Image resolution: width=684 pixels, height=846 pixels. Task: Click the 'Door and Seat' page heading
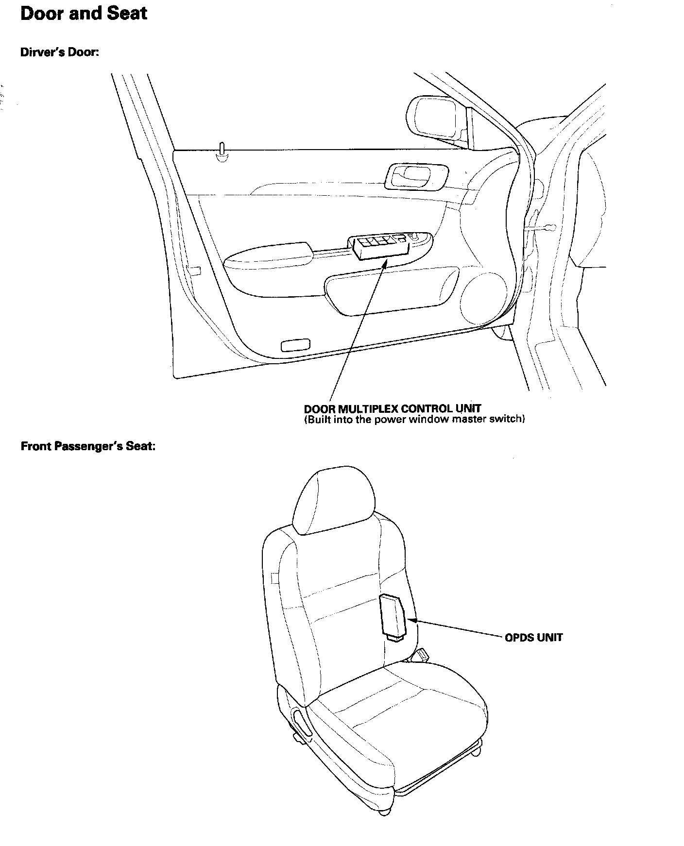pos(84,14)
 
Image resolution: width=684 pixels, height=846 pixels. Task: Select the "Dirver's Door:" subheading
pos(60,52)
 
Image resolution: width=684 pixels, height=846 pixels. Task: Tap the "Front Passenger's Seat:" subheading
pos(88,446)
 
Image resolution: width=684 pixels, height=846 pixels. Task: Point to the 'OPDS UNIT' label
pos(533,637)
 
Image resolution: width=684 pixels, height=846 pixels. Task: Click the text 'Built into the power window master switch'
pos(414,419)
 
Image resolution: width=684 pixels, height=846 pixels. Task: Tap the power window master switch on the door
pos(381,247)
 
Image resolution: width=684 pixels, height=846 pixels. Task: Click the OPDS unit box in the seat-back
pos(393,614)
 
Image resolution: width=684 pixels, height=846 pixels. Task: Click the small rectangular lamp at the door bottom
pos(295,345)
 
